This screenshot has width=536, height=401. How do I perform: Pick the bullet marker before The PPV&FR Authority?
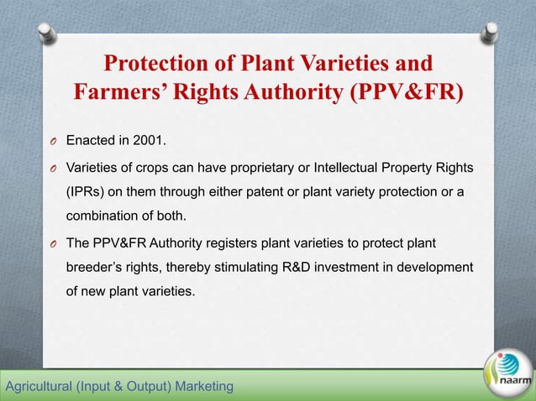51,245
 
